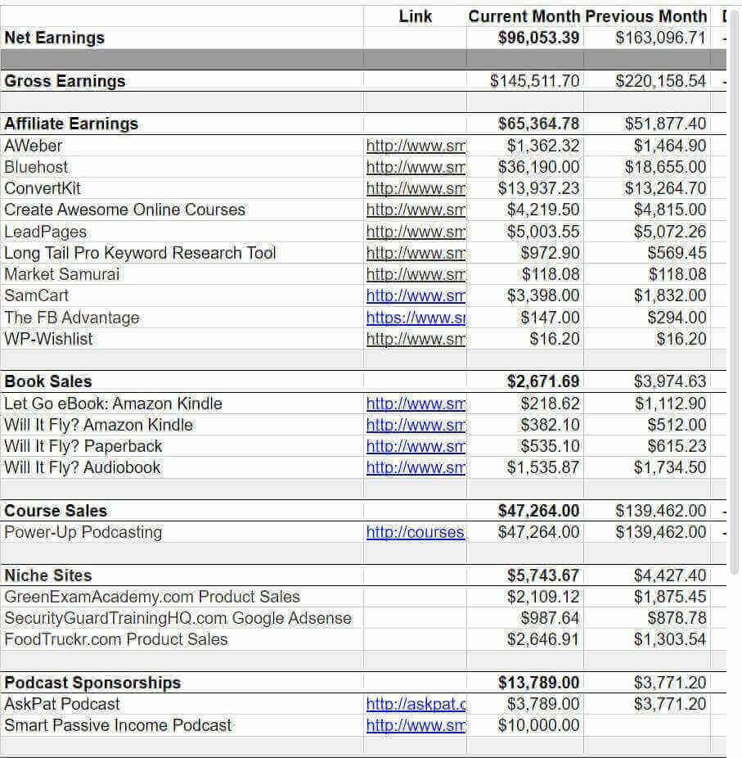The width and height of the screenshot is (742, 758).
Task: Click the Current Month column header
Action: [x=524, y=16]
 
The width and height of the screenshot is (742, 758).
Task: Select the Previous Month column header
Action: [x=646, y=16]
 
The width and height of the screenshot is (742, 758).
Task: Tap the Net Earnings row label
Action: [x=55, y=38]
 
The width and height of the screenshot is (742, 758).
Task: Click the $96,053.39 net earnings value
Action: [x=538, y=38]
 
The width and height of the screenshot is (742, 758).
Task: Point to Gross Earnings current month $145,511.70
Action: [x=534, y=81]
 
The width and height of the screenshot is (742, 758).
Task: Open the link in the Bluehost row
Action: [x=416, y=167]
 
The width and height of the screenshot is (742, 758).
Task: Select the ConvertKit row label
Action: [x=43, y=188]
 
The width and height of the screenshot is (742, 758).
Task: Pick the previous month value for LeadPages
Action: [x=669, y=232]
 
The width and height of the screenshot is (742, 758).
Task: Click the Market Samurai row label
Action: [x=62, y=274]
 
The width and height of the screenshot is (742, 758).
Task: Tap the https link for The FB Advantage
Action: [x=416, y=318]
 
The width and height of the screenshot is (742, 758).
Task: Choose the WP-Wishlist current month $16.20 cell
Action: [x=555, y=339]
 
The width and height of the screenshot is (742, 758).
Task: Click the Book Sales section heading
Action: [x=48, y=381]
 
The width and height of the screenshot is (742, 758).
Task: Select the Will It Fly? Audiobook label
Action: [x=83, y=467]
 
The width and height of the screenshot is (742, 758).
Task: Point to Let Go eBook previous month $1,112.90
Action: [x=669, y=404]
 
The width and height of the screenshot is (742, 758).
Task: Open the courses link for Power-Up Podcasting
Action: [x=416, y=532]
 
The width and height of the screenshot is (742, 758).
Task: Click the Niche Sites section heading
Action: [x=48, y=575]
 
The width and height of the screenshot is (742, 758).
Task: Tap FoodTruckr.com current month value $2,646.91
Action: [x=542, y=639]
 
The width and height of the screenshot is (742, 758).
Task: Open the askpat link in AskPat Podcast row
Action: [x=416, y=704]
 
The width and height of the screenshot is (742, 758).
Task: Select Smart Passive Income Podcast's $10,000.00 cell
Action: [x=538, y=725]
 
